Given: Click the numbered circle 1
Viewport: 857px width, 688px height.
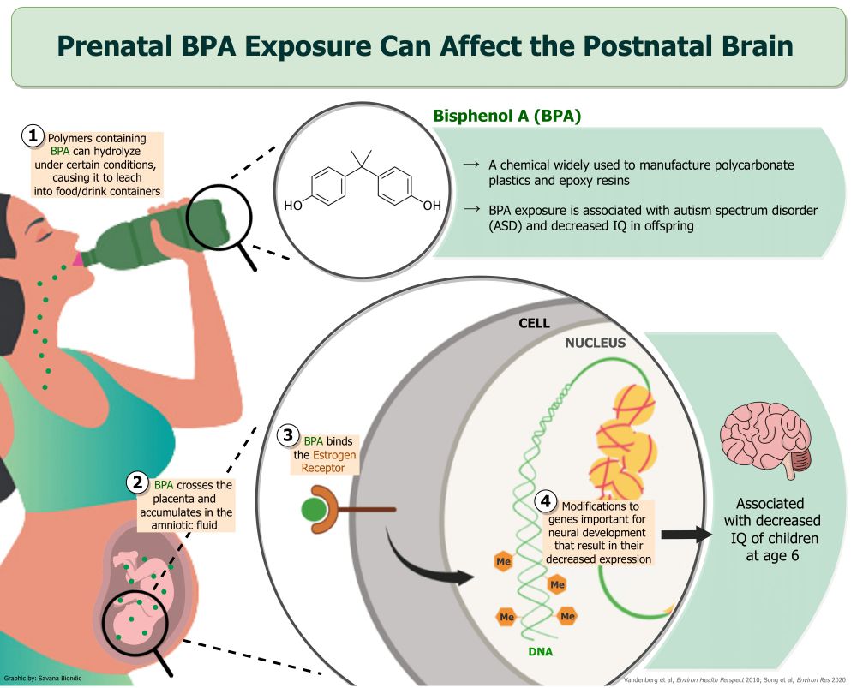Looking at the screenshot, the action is (x=33, y=135).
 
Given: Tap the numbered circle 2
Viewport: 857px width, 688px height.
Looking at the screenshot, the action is (x=138, y=482).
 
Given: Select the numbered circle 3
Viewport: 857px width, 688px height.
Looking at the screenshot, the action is (x=288, y=435).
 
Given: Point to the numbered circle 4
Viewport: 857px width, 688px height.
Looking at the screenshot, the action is (x=545, y=500).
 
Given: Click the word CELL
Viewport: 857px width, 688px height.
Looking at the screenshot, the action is (x=534, y=323).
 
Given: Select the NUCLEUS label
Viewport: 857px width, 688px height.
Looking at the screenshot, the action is (x=596, y=343).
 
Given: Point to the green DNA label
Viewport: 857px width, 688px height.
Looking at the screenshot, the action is (x=541, y=651).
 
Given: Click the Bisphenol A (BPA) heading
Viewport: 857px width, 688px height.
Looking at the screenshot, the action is (x=506, y=116).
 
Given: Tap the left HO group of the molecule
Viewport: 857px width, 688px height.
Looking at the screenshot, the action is (x=293, y=206).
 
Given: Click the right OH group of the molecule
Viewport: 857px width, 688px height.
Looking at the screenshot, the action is (x=432, y=206).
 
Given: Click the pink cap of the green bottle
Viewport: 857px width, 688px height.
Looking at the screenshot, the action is (x=78, y=260).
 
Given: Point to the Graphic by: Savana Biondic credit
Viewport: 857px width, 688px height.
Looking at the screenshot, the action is (x=43, y=679).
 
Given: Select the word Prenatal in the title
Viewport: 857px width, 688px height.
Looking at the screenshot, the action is (x=115, y=46).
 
